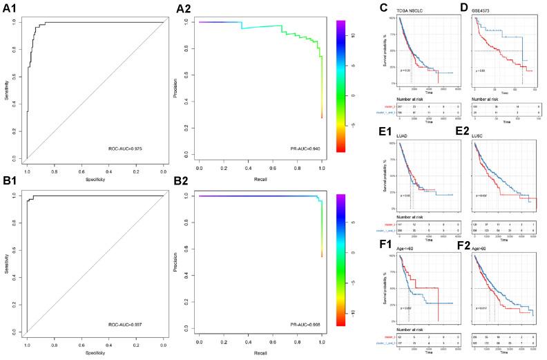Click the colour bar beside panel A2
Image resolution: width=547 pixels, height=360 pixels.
pyautogui.click(x=340, y=85)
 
